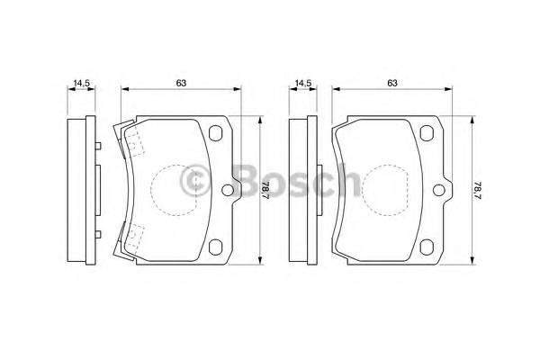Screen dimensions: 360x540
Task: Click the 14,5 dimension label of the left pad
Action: pos(82,84)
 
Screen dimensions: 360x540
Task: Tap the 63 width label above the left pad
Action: pos(180,83)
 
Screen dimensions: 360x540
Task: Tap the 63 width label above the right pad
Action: pos(392,83)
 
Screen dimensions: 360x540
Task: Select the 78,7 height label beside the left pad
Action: pos(265,190)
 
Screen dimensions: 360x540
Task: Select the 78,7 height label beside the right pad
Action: pos(478,190)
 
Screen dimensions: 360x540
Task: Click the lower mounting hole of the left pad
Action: pos(215,247)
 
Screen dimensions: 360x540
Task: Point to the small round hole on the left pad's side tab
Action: pos(226,190)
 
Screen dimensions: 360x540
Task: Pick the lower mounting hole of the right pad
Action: pos(428,247)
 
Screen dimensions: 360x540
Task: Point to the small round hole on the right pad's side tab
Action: pos(439,190)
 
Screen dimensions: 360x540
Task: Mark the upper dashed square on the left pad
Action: pos(134,141)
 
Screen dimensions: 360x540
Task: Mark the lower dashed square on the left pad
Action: pos(134,238)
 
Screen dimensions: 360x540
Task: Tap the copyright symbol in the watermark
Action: pos(194,183)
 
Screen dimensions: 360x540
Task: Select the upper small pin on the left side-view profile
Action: pos(94,145)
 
